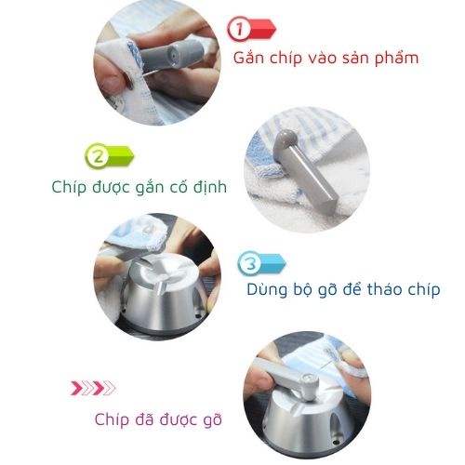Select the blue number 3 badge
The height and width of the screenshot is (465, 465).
[x=249, y=265]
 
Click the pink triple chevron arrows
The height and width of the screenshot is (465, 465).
[x=94, y=388]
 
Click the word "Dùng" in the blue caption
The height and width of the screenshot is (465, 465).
[x=269, y=289]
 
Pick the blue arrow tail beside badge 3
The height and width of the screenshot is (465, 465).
[x=272, y=263]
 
